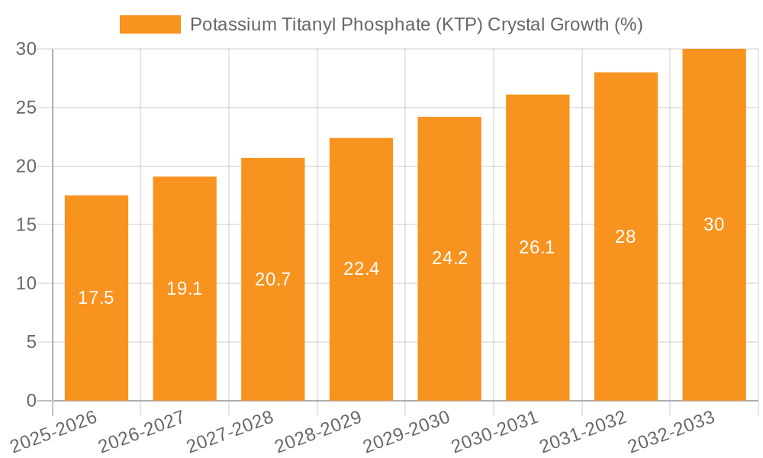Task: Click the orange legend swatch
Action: tap(150, 24)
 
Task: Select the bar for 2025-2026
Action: tap(96, 298)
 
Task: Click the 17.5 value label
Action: tap(96, 298)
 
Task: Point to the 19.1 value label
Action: tap(185, 289)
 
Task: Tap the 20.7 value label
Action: tap(272, 279)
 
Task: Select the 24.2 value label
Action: tap(449, 258)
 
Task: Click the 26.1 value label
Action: tap(537, 247)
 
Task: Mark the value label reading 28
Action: tap(626, 237)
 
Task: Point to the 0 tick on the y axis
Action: tap(31, 401)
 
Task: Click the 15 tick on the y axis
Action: tap(27, 225)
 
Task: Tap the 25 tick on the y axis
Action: tap(27, 108)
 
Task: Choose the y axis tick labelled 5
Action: tap(31, 342)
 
